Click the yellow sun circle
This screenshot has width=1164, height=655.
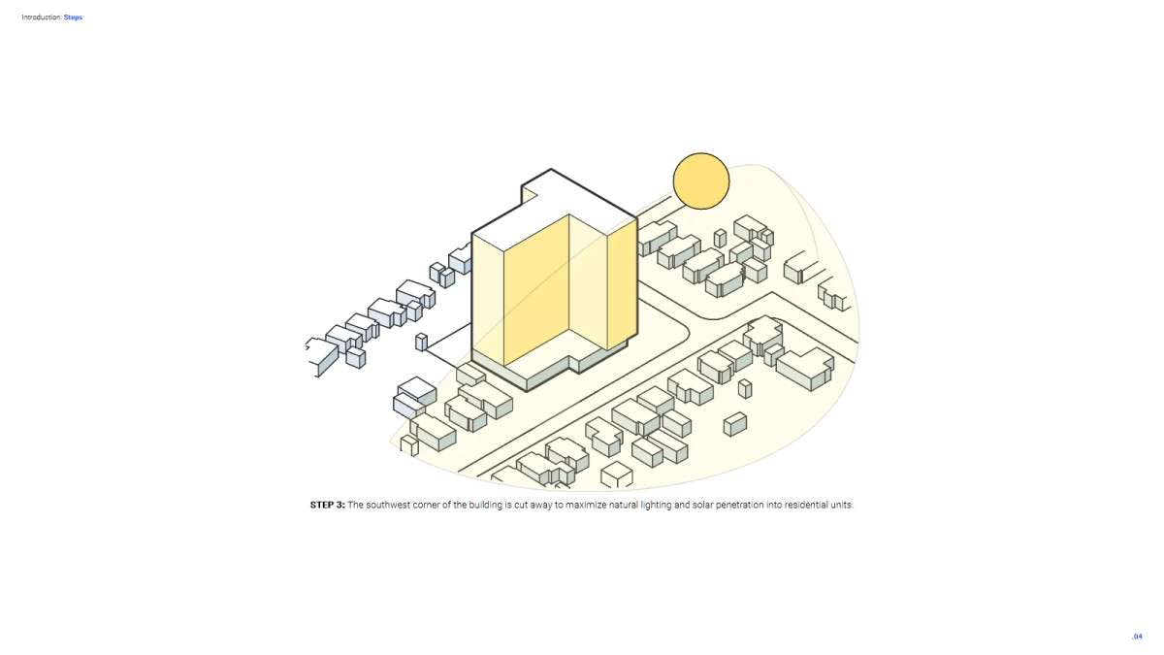(701, 180)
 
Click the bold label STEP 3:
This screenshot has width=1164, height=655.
(328, 505)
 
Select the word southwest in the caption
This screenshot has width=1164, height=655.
(388, 505)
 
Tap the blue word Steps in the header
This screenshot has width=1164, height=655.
(73, 17)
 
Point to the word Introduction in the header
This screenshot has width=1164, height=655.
(42, 17)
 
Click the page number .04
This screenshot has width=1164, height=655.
(1138, 637)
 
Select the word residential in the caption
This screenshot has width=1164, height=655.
(806, 505)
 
